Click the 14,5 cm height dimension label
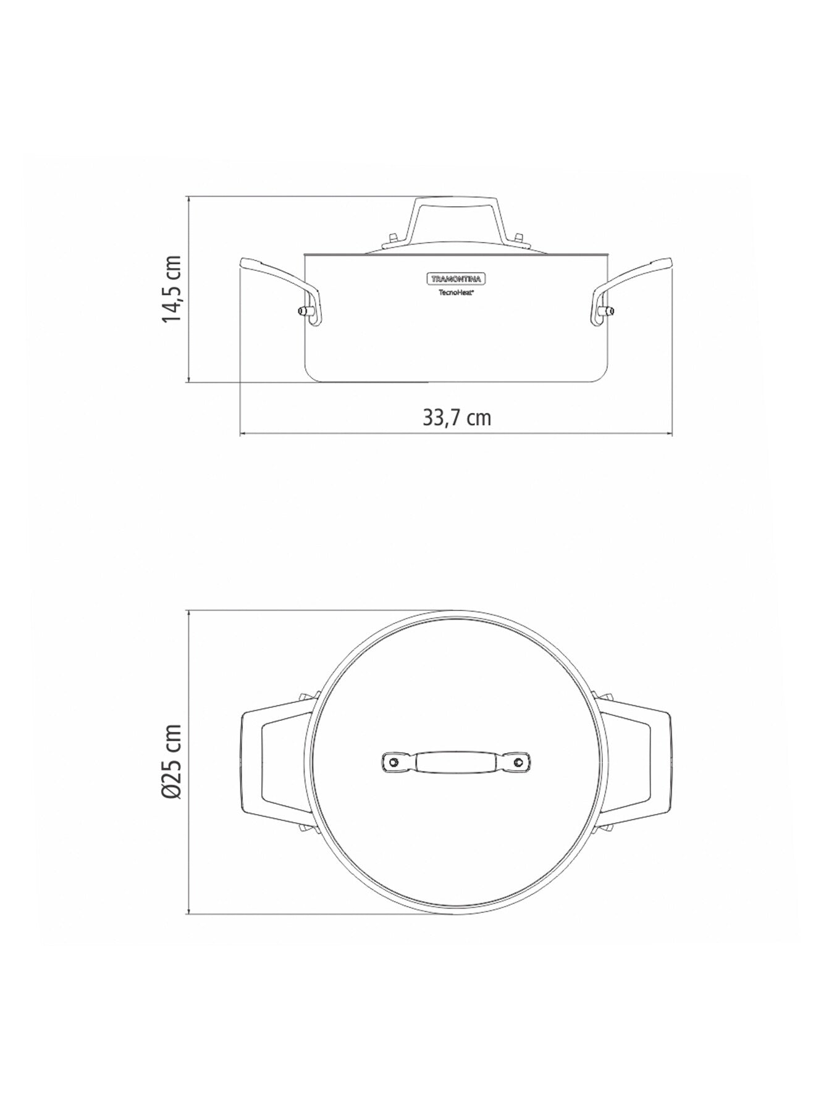(171, 289)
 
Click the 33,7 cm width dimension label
(457, 418)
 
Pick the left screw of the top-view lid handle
(392, 763)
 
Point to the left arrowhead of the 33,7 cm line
(242, 435)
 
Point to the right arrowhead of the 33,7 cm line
(670, 435)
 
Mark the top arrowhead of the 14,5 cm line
(188, 199)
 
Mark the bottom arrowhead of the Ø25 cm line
(188, 912)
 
